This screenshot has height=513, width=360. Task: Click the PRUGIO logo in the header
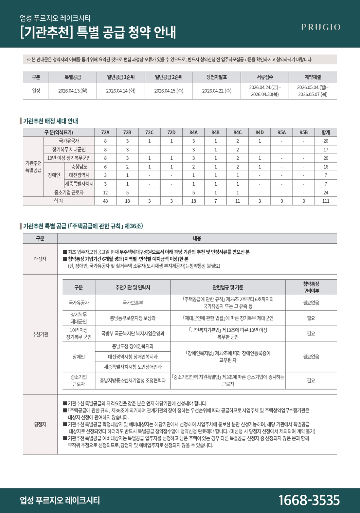pyautogui.click(x=321, y=27)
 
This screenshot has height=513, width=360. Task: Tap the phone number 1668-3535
pyautogui.click(x=309, y=500)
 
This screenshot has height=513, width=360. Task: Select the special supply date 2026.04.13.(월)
pyautogui.click(x=73, y=91)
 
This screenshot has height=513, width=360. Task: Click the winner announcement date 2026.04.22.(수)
pyautogui.click(x=217, y=91)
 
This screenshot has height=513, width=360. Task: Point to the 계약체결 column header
pyautogui.click(x=313, y=77)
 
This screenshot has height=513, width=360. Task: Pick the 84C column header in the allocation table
pyautogui.click(x=238, y=132)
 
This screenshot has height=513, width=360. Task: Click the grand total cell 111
pyautogui.click(x=326, y=201)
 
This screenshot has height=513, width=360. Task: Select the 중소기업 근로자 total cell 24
pyautogui.click(x=326, y=192)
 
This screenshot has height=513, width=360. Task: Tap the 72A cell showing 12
pyautogui.click(x=105, y=192)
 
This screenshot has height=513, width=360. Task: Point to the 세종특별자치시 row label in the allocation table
pyautogui.click(x=79, y=184)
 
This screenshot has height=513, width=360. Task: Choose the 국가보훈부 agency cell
pyautogui.click(x=133, y=303)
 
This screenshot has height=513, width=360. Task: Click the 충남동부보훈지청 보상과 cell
pyautogui.click(x=133, y=318)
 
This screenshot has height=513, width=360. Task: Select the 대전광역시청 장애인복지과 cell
pyautogui.click(x=133, y=357)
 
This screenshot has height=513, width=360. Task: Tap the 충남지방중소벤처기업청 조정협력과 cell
pyautogui.click(x=133, y=380)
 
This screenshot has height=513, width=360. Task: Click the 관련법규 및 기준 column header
pyautogui.click(x=228, y=287)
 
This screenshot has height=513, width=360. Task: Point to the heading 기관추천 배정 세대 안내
pyautogui.click(x=50, y=121)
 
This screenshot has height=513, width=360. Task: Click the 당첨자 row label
pyautogui.click(x=40, y=424)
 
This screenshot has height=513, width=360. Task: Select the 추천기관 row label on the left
pyautogui.click(x=40, y=334)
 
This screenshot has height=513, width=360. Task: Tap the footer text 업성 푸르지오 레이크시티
pyautogui.click(x=60, y=500)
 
